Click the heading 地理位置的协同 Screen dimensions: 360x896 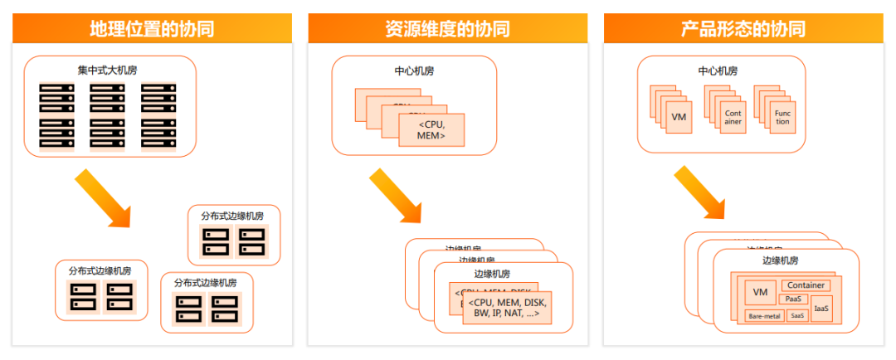click(152, 29)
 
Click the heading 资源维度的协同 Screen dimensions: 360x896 click(447, 29)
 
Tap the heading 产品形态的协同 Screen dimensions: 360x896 click(743, 29)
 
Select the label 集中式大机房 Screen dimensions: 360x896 click(109, 71)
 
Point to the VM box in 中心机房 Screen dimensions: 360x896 click(679, 117)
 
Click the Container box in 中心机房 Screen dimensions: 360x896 click(733, 117)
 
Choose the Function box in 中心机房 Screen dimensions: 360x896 click(782, 117)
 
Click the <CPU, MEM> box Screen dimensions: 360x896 click(431, 130)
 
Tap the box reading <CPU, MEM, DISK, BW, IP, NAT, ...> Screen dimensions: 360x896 click(507, 308)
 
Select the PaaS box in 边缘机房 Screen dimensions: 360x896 click(792, 299)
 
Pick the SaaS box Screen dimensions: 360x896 click(797, 315)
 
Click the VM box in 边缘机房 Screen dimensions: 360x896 click(759, 292)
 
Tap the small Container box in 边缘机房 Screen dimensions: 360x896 click(806, 285)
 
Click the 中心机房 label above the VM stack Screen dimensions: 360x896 click(718, 71)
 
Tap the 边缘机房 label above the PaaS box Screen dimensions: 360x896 click(780, 260)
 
